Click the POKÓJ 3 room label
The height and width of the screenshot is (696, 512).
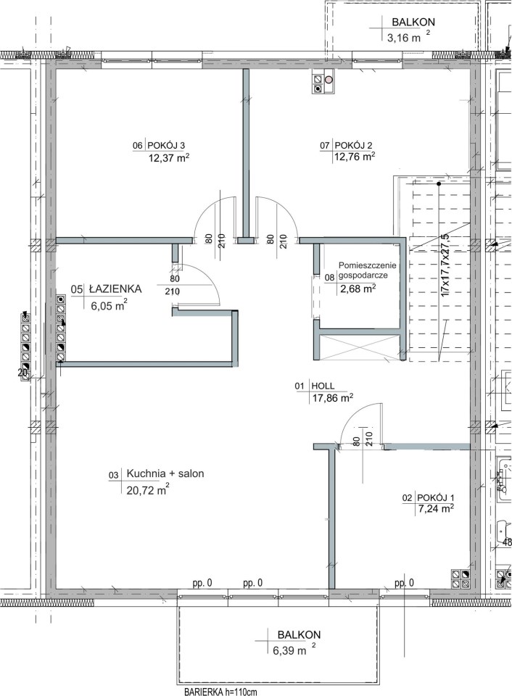click(x=165, y=145)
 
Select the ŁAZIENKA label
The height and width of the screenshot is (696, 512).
click(x=115, y=289)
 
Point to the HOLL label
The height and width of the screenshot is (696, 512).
click(x=323, y=386)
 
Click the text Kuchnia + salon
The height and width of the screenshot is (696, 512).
click(x=165, y=473)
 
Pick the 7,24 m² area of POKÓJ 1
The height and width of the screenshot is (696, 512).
click(x=434, y=509)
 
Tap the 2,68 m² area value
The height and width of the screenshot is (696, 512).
click(x=358, y=289)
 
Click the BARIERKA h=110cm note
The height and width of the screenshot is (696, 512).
click(x=220, y=692)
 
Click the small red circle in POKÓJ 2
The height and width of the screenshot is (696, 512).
click(x=329, y=80)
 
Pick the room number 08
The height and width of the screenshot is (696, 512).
click(x=329, y=278)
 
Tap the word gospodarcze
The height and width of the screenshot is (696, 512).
click(x=363, y=275)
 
